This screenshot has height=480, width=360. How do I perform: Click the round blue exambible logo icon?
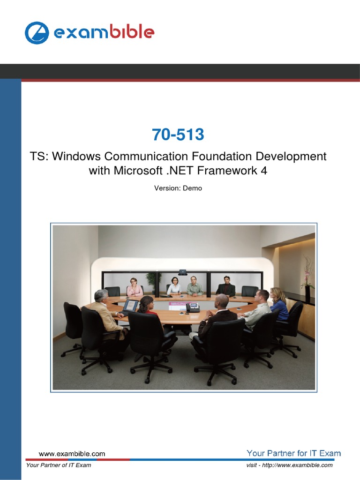pyautogui.click(x=37, y=33)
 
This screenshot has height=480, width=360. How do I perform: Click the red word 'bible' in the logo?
pyautogui.click(x=132, y=31)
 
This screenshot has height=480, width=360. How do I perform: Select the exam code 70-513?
pyautogui.click(x=178, y=135)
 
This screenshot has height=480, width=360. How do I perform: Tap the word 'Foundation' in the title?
pyautogui.click(x=222, y=156)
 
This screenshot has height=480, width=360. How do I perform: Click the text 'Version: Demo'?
pyautogui.click(x=178, y=188)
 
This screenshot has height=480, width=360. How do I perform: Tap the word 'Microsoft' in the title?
pyautogui.click(x=138, y=171)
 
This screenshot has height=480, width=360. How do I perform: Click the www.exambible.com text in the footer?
pyautogui.click(x=72, y=454)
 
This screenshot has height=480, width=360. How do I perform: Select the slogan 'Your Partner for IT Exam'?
pyautogui.click(x=293, y=453)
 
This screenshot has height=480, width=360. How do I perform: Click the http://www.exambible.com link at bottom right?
pyautogui.click(x=297, y=465)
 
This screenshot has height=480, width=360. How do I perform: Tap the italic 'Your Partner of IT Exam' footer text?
pyautogui.click(x=59, y=465)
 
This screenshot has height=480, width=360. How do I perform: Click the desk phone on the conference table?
pyautogui.click(x=193, y=307)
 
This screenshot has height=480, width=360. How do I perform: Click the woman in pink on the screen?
pyautogui.click(x=135, y=287)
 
